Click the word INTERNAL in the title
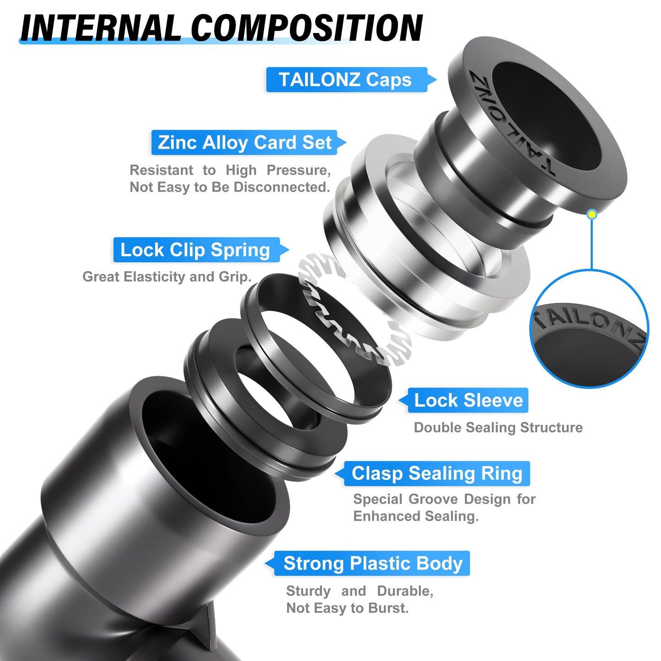click(101, 28)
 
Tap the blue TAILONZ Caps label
click(346, 80)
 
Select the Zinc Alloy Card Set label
click(245, 143)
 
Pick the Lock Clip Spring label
click(196, 250)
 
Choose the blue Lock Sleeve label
click(468, 401)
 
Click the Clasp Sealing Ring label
click(437, 473)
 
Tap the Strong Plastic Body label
click(373, 564)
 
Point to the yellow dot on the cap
click(592, 214)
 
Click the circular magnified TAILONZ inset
click(589, 329)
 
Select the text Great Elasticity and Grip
click(167, 277)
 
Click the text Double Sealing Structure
click(498, 428)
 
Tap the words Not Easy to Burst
click(347, 608)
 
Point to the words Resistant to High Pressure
click(230, 170)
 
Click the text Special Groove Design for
click(444, 499)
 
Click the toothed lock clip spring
click(348, 320)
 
